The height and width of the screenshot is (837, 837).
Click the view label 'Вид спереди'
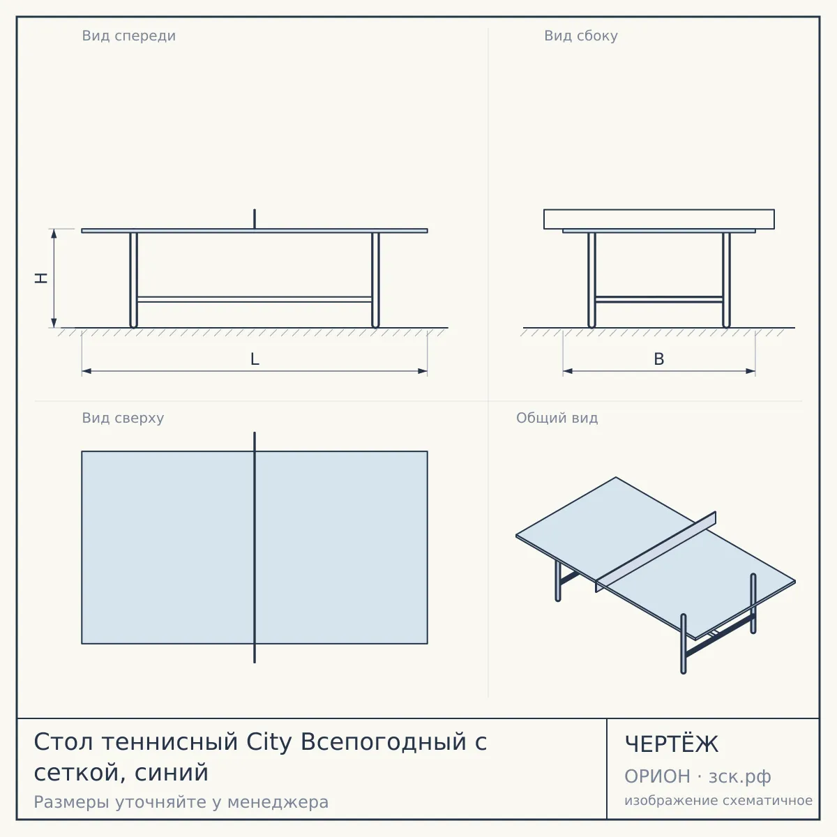[128, 36]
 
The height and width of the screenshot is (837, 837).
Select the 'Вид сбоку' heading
[581, 36]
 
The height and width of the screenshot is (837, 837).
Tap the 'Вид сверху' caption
[123, 418]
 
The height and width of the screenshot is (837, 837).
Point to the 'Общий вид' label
[557, 418]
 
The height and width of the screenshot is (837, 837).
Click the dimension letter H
[41, 278]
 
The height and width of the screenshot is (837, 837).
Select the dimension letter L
[255, 359]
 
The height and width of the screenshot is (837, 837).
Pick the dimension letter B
[659, 359]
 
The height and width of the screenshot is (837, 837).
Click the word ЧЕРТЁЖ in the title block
[672, 744]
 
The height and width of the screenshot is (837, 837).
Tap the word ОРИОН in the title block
[657, 776]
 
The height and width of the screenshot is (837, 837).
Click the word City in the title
[269, 742]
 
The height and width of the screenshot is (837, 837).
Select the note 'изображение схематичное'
[718, 800]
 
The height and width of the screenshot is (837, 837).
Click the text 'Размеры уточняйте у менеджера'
[181, 802]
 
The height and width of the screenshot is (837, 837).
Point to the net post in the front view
[255, 219]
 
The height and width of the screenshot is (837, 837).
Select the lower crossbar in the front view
[255, 299]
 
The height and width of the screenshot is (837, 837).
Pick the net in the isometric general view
[656, 552]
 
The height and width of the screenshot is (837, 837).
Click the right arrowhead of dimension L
[422, 371]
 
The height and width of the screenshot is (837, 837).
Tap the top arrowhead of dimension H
[54, 234]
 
